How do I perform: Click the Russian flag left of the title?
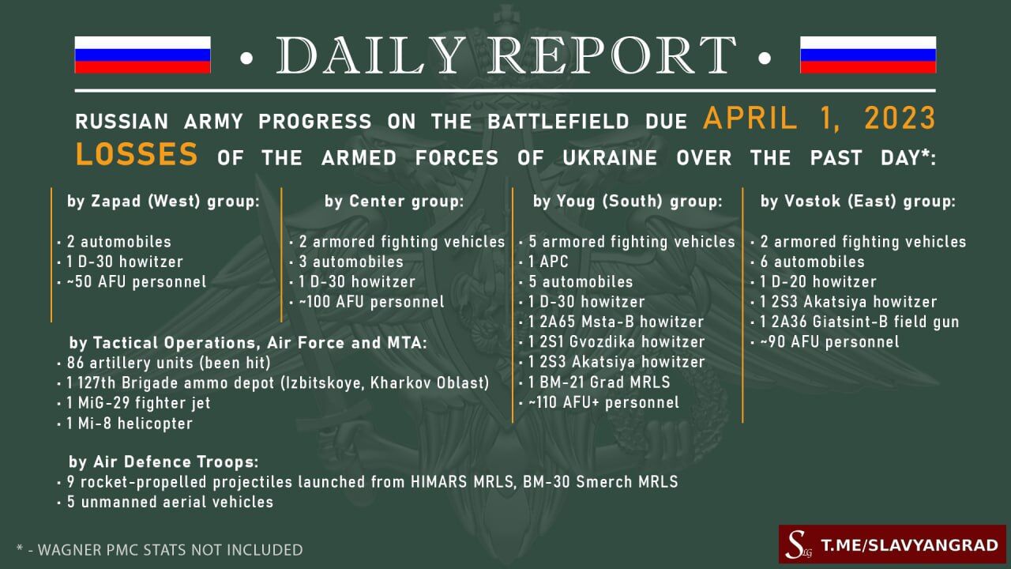(143, 55)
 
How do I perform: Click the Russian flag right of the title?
(868, 55)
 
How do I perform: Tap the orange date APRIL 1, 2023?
(819, 119)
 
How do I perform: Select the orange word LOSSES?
(137, 154)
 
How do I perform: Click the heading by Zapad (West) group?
(163, 201)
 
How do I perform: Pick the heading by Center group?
(394, 201)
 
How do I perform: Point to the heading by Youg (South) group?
(627, 201)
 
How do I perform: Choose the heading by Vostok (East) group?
(858, 201)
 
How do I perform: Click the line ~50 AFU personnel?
(137, 282)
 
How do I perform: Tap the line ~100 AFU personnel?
(371, 302)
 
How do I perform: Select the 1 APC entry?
(548, 262)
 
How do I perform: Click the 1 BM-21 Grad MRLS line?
(599, 382)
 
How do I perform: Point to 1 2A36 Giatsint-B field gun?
(859, 322)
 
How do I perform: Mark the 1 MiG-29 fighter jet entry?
(138, 403)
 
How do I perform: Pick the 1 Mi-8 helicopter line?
(130, 423)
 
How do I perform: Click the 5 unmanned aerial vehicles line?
(170, 502)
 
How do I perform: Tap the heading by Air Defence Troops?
(163, 462)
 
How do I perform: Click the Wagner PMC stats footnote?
(160, 549)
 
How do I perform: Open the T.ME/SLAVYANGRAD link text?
(909, 545)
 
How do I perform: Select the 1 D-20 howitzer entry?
(818, 282)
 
